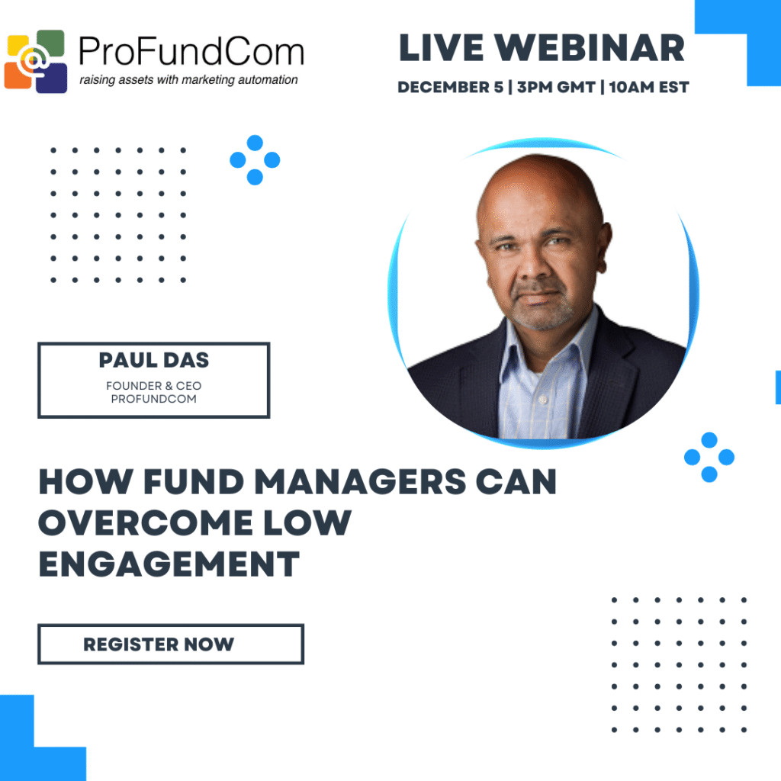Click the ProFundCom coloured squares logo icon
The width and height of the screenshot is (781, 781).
tap(37, 60)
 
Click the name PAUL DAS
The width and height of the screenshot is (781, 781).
tap(153, 361)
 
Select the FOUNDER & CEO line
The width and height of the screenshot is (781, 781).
tap(153, 386)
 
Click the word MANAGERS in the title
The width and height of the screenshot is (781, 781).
tap(358, 483)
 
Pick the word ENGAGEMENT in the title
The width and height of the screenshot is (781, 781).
tap(169, 565)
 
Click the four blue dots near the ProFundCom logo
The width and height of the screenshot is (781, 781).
tap(255, 159)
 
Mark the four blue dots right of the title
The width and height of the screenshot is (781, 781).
tap(709, 457)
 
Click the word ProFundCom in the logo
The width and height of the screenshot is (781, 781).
tap(191, 52)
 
